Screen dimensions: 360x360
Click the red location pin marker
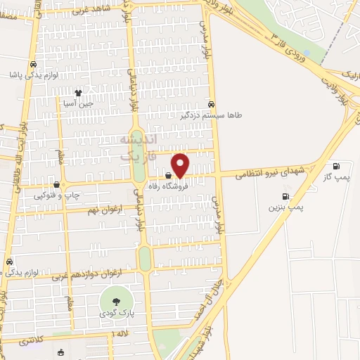[181, 165]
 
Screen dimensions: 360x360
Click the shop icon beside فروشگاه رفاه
[168, 176]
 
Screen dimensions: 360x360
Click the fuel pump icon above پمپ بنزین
[285, 196]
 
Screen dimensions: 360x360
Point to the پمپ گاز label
[336, 178]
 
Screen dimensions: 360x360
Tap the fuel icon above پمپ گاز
[336, 167]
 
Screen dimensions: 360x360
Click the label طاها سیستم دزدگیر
[211, 114]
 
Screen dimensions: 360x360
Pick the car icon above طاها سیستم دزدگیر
[211, 103]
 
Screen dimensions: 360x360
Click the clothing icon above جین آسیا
[79, 91]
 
